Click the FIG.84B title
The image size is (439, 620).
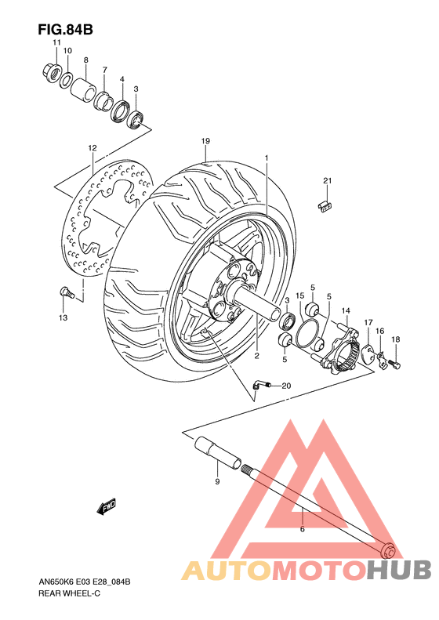(65, 30)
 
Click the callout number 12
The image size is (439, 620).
(92, 147)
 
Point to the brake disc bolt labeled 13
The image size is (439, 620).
(67, 293)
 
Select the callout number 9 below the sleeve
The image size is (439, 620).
(217, 481)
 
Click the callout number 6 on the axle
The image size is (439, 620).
(302, 530)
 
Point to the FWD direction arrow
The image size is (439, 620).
(107, 508)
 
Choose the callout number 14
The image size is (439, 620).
(345, 311)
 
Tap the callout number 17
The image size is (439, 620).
(368, 322)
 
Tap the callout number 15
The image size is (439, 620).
(299, 295)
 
